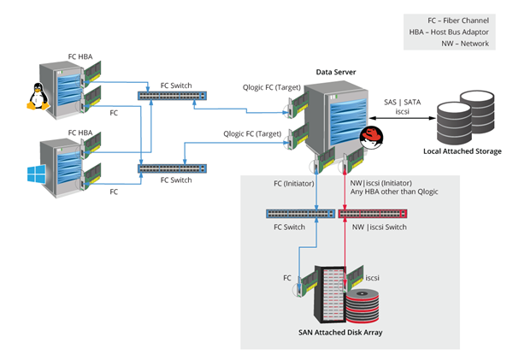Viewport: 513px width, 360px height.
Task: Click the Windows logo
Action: (36, 175)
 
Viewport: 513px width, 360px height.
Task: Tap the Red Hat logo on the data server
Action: (369, 138)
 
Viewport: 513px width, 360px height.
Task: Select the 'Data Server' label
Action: (336, 73)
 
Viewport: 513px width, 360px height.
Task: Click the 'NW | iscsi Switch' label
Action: (379, 229)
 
